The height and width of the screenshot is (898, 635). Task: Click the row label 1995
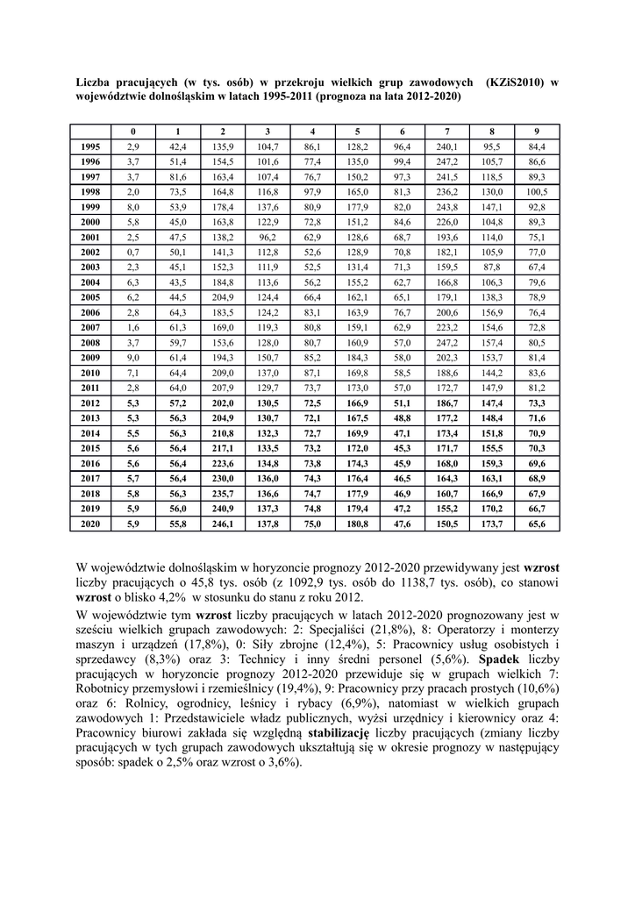click(90, 146)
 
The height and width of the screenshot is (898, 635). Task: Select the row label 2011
click(90, 388)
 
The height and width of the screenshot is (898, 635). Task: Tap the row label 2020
click(90, 524)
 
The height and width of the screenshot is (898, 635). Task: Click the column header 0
click(133, 132)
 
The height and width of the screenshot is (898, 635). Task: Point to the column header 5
click(357, 132)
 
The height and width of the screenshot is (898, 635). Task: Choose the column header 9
click(537, 132)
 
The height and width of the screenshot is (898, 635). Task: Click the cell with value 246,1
click(223, 524)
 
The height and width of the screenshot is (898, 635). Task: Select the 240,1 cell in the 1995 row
click(447, 146)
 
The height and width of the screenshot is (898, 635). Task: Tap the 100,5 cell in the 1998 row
click(537, 192)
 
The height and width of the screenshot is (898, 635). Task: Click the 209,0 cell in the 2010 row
click(223, 373)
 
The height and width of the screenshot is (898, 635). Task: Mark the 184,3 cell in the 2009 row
click(357, 358)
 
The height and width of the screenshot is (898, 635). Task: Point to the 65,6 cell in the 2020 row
click(537, 524)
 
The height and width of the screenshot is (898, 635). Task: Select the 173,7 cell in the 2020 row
click(492, 524)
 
